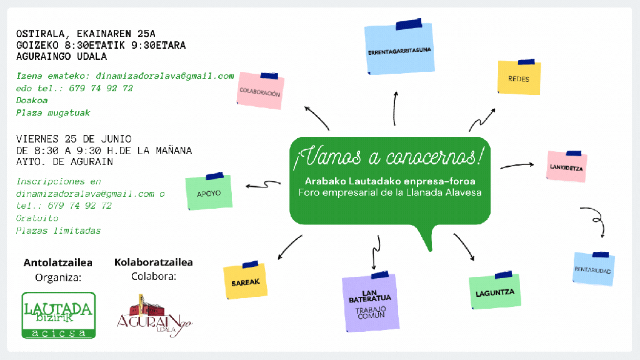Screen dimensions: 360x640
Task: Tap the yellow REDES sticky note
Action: (519, 79)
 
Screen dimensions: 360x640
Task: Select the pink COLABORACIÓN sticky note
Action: (260, 92)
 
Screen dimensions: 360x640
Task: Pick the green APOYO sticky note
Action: (209, 192)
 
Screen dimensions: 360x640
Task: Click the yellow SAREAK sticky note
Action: (246, 281)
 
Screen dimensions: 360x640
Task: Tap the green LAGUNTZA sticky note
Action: (495, 291)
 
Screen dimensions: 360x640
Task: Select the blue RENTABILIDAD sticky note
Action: (594, 269)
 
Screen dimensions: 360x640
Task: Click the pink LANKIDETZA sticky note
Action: (567, 167)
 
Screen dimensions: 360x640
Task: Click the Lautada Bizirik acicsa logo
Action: (59, 315)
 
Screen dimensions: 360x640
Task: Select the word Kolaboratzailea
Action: (154, 262)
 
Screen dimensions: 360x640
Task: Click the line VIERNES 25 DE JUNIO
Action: (74, 138)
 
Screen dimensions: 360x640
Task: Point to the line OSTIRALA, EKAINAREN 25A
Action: (86, 34)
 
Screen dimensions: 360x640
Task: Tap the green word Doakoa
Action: (32, 101)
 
